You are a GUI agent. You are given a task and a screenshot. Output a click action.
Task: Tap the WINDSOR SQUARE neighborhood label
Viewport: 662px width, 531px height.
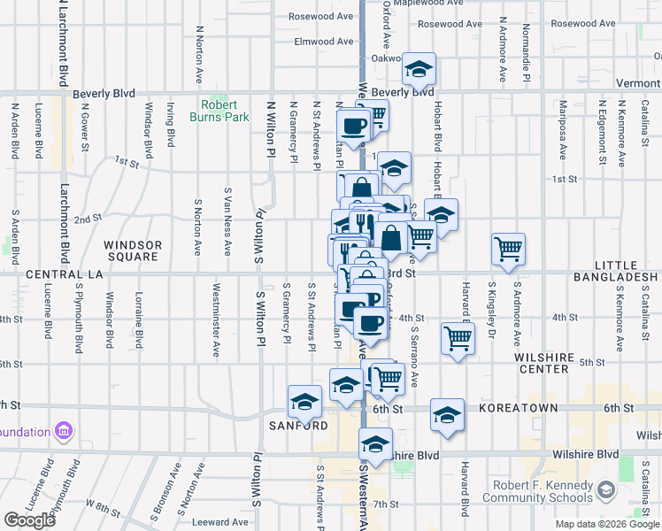coord(132,251)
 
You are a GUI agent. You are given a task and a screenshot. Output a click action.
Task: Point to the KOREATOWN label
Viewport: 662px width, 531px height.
coord(519,408)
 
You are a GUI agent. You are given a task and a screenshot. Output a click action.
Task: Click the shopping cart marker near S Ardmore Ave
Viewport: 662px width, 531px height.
coord(508,249)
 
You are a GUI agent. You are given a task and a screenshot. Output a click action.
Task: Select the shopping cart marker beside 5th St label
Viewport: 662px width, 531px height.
coord(458,337)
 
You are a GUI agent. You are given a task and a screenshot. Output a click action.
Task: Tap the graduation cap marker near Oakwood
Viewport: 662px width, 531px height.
coord(420,68)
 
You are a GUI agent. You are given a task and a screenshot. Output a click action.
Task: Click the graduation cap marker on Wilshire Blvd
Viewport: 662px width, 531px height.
coord(375,445)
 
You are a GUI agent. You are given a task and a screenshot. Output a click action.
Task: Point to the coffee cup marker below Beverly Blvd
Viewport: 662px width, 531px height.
coord(353,126)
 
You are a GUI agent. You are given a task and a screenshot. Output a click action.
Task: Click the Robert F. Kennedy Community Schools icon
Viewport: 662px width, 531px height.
coord(606,489)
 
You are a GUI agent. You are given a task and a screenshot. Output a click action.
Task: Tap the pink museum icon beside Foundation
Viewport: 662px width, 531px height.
coord(63,432)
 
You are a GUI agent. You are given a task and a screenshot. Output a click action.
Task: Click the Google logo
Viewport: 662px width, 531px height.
coord(29,520)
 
